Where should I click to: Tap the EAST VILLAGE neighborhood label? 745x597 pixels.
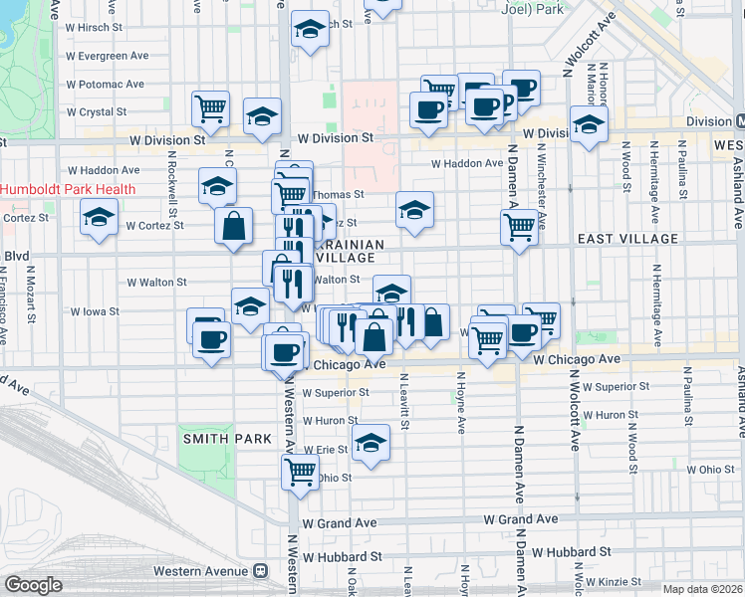pos(627,239)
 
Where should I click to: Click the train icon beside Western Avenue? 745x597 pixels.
pos(261,571)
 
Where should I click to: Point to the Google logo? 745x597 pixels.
pos(33,585)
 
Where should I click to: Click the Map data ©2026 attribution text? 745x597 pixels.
pos(703,589)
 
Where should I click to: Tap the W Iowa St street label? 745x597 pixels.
pos(91,311)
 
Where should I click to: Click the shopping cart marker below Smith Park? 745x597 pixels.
pos(300,472)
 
